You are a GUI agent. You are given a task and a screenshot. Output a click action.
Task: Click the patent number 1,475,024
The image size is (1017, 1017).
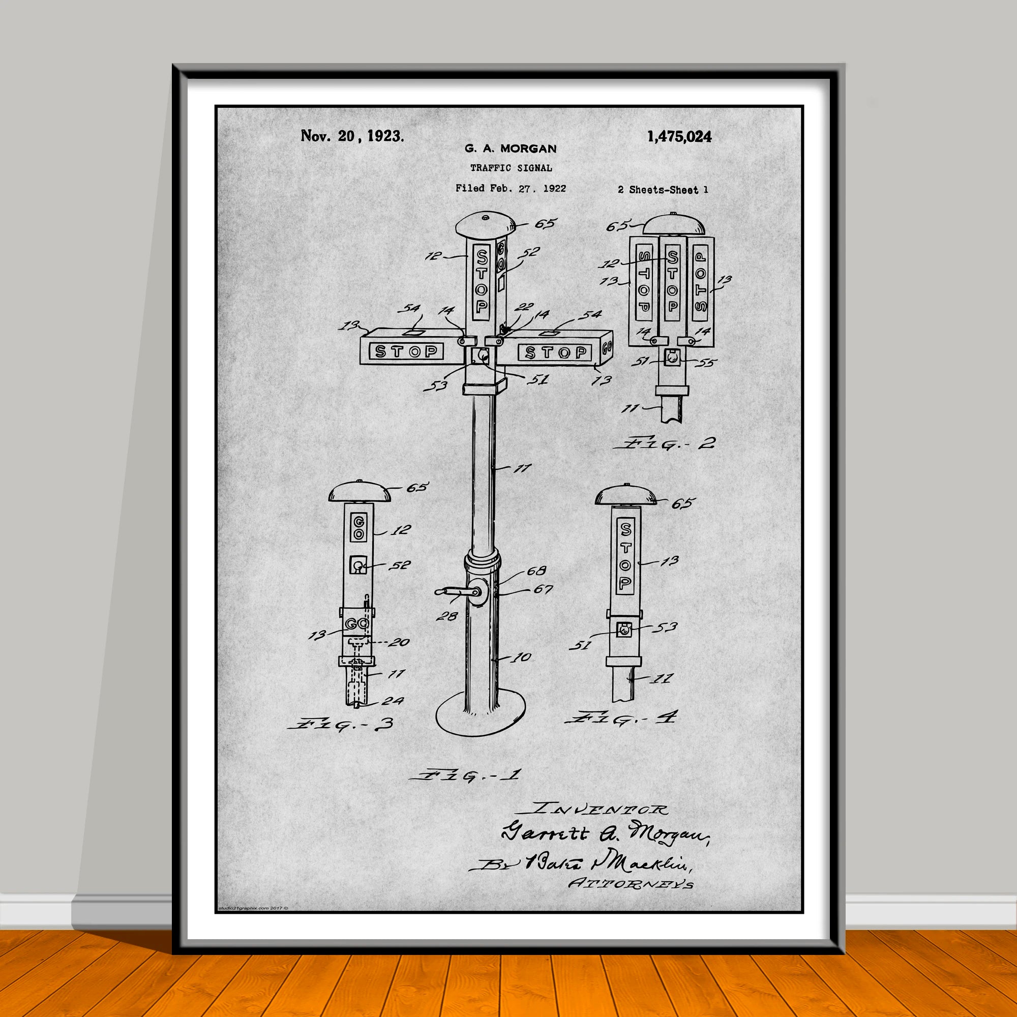pyautogui.click(x=679, y=137)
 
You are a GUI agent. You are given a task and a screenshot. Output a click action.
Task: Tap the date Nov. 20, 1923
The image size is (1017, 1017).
pyautogui.click(x=352, y=136)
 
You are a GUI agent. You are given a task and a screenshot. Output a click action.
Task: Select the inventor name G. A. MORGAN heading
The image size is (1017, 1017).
pyautogui.click(x=510, y=148)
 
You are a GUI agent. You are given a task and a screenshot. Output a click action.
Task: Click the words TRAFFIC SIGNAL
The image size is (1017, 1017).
pyautogui.click(x=511, y=168)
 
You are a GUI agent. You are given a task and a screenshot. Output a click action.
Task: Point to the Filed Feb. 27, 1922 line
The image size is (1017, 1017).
pyautogui.click(x=511, y=188)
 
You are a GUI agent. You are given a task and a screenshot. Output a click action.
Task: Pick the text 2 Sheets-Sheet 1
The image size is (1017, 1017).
pyautogui.click(x=663, y=190)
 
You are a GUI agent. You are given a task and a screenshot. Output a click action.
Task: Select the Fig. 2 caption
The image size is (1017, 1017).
pyautogui.click(x=664, y=443)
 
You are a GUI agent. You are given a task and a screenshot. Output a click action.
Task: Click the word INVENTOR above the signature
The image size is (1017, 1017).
pyautogui.click(x=600, y=809)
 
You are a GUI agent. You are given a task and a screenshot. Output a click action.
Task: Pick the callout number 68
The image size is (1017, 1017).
pyautogui.click(x=536, y=570)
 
